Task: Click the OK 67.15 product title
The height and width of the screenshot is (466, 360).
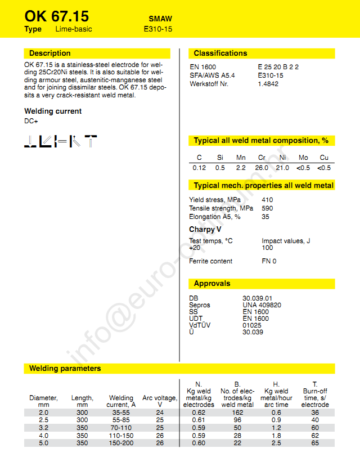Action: pos(57,16)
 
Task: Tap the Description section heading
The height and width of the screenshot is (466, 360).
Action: pos(49,53)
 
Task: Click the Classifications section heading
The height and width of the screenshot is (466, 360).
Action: pos(220,53)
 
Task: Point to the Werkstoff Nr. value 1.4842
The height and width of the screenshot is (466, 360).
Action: pos(268,84)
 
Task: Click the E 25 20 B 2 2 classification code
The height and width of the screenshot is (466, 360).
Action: pos(278,67)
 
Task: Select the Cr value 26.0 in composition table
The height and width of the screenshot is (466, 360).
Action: pos(262,168)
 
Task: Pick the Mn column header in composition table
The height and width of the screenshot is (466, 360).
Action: pos(241,158)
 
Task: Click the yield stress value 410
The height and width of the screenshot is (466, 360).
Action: pos(267,200)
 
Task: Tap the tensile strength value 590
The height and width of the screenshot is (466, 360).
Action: pos(267,208)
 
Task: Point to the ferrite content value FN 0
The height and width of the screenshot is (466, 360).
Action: pos(269,261)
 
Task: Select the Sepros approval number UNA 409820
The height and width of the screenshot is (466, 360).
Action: pos(262,305)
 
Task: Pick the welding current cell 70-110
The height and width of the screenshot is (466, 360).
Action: pos(121,428)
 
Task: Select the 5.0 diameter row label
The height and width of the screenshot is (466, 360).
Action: pos(43,443)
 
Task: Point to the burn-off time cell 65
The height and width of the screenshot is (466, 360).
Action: pos(314,443)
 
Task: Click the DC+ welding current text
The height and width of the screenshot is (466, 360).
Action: pos(31,120)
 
